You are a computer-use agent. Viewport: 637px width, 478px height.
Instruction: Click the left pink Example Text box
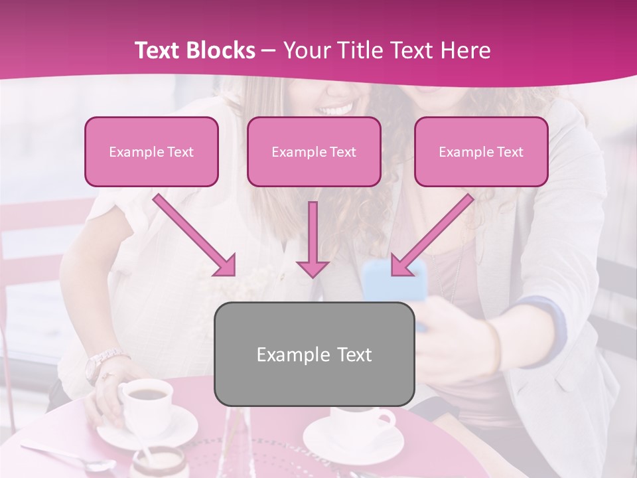pyautogui.click(x=151, y=151)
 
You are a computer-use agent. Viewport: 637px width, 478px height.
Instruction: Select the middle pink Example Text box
pyautogui.click(x=314, y=151)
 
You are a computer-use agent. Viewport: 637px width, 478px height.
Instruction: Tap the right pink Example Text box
pyautogui.click(x=481, y=151)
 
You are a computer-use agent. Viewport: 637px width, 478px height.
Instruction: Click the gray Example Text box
pyautogui.click(x=315, y=354)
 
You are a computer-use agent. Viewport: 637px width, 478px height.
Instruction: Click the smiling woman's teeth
pyautogui.click(x=335, y=108)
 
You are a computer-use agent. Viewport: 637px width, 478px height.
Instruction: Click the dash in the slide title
pyautogui.click(x=269, y=50)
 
